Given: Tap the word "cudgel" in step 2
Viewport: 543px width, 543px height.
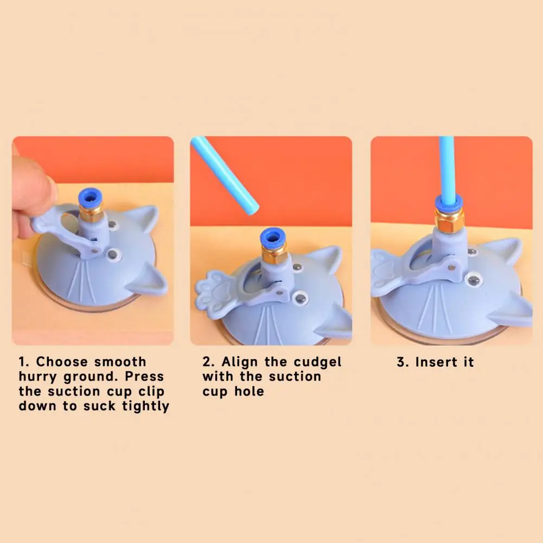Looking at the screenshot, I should click(317, 362).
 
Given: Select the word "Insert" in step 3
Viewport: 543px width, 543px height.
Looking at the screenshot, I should click(437, 362).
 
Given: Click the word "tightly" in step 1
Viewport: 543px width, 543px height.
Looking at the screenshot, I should click(145, 406).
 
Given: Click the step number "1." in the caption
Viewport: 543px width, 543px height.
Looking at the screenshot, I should click(25, 362).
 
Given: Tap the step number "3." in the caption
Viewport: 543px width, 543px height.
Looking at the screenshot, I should click(403, 362).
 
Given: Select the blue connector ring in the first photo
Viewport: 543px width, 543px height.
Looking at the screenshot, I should click(89, 196).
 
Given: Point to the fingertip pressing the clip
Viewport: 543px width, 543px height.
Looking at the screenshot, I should click(33, 184).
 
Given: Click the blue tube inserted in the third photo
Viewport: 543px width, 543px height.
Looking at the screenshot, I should click(446, 168).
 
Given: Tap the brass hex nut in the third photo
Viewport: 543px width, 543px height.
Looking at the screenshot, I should click(448, 222).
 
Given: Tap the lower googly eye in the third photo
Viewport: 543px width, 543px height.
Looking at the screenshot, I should click(474, 281).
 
